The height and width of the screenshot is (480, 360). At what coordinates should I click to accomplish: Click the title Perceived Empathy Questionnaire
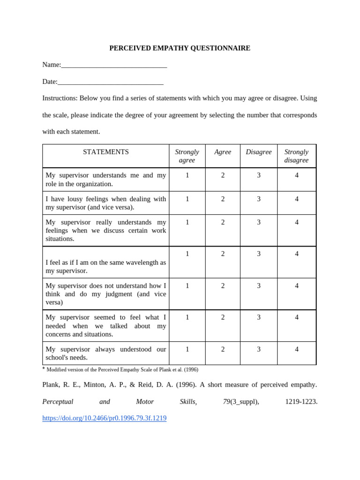[x=180, y=48]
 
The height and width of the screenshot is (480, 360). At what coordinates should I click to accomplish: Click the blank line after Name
[x=114, y=65]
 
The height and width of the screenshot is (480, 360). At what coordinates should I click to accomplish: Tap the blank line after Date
[x=111, y=82]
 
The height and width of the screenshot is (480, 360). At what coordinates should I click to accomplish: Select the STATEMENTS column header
[x=106, y=152]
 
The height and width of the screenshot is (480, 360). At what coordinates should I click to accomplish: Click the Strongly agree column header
[x=187, y=156]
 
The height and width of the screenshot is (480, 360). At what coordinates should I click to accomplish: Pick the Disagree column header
[x=259, y=152]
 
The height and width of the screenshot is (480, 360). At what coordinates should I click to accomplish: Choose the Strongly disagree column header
[x=296, y=156]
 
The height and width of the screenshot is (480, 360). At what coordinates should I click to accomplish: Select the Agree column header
[x=223, y=152]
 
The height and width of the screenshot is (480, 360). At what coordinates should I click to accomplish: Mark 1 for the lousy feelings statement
[x=187, y=199]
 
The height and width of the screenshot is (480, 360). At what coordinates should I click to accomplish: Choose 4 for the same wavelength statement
[x=297, y=254]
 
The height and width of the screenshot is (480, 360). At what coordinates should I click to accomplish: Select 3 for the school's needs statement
[x=259, y=349]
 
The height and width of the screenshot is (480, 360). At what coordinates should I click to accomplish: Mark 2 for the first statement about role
[x=223, y=175]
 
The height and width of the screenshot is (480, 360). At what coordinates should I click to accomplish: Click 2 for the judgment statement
[x=223, y=285]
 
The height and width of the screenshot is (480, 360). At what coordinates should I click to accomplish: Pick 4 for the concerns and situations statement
[x=297, y=317]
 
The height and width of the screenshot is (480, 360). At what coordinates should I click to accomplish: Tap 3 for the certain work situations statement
[x=259, y=222]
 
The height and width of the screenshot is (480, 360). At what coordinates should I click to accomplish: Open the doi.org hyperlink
[x=105, y=418]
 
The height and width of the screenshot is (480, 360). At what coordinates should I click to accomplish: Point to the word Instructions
[x=60, y=98]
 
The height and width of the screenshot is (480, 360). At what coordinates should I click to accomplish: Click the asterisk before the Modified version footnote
[x=44, y=369]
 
